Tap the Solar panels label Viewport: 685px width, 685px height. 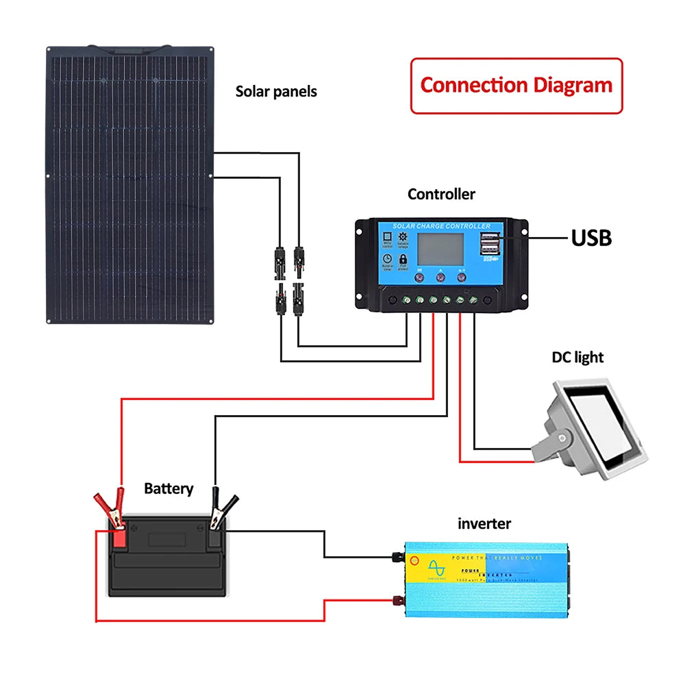tap(276, 91)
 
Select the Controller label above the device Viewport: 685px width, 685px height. tap(441, 195)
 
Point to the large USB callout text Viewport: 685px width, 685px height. tap(591, 238)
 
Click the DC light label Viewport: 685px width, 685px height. tap(577, 357)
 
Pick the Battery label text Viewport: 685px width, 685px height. tap(169, 489)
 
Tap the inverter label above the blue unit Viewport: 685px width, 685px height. tap(484, 524)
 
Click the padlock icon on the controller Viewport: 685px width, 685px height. tap(403, 260)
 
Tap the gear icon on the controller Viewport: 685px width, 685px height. tap(403, 237)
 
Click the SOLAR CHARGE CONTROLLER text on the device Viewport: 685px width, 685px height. tap(441, 226)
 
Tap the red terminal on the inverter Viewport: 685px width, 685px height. tap(395, 601)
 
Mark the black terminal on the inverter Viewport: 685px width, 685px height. tap(395, 557)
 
